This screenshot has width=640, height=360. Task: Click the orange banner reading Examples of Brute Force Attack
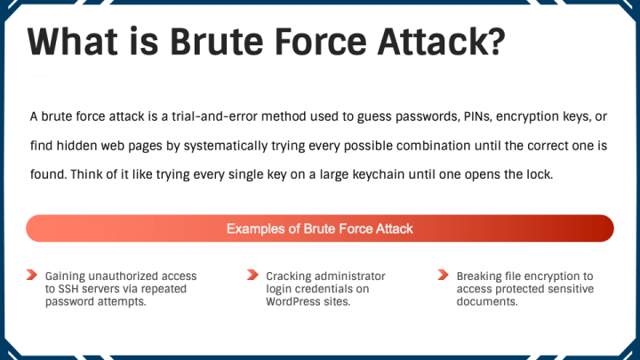click(x=320, y=228)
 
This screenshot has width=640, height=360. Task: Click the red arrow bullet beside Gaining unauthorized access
click(x=32, y=275)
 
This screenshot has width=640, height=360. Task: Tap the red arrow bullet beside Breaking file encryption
click(x=443, y=275)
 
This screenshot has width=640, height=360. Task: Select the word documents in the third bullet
click(x=487, y=301)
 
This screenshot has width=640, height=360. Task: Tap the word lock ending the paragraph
click(x=540, y=174)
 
